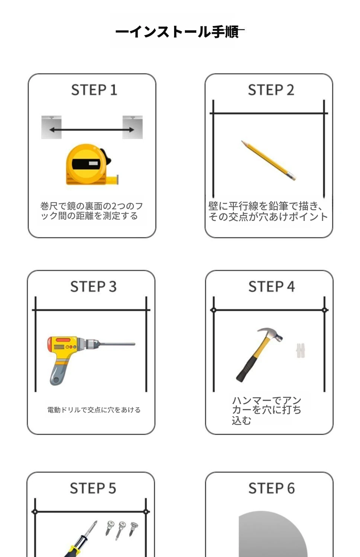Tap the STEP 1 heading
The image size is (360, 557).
point(94,90)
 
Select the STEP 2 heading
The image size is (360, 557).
point(271,90)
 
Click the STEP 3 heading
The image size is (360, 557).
point(93,286)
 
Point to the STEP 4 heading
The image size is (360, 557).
point(272,286)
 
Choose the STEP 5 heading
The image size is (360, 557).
point(93,488)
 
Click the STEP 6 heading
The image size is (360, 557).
point(272,488)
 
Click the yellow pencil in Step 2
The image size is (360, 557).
point(269,160)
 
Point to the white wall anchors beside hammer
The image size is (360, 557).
point(300,350)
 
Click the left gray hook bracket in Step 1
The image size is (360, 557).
point(51,127)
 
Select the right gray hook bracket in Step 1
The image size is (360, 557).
point(133,127)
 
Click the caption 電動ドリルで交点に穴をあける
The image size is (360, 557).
point(94,410)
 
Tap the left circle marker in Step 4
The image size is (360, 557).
point(213,310)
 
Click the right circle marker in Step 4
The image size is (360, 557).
point(324,310)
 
